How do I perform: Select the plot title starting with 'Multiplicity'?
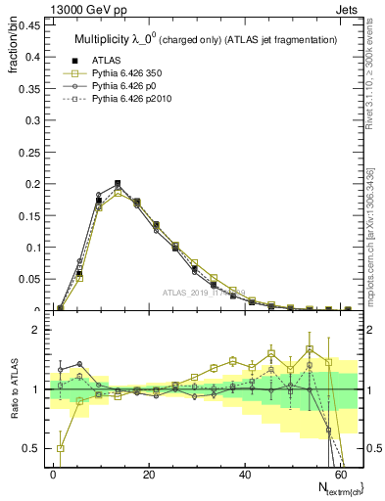click(x=206, y=38)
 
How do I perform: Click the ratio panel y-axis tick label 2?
click(x=35, y=331)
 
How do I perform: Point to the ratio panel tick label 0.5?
click(x=30, y=449)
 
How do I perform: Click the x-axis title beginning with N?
click(x=334, y=488)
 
